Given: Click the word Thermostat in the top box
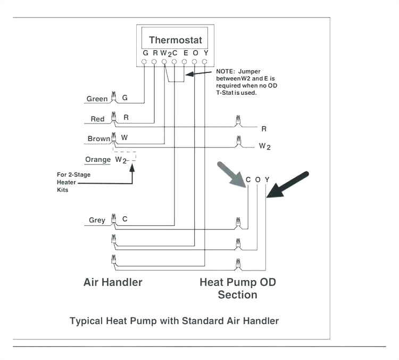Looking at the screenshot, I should pyautogui.click(x=175, y=40).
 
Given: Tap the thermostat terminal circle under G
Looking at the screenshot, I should pyautogui.click(x=144, y=62).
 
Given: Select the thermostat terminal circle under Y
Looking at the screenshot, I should pyautogui.click(x=204, y=62).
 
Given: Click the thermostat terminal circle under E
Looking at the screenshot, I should pyautogui.click(x=184, y=62).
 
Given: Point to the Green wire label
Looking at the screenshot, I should pyautogui.click(x=97, y=99).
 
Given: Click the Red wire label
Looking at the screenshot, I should pyautogui.click(x=97, y=119).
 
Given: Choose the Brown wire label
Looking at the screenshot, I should pyautogui.click(x=99, y=139).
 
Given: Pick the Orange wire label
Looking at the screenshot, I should pyautogui.click(x=98, y=160).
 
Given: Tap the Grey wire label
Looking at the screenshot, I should pyautogui.click(x=97, y=220).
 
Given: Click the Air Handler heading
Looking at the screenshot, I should pyautogui.click(x=113, y=282).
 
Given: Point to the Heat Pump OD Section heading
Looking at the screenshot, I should pyautogui.click(x=237, y=288).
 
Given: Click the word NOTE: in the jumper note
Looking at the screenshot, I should pyautogui.click(x=226, y=71).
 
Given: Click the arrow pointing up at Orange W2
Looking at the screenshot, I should pyautogui.click(x=132, y=173).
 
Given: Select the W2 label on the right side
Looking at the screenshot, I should pyautogui.click(x=264, y=146).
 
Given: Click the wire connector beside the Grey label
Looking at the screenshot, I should pyautogui.click(x=113, y=219).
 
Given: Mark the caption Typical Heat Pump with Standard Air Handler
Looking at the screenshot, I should pyautogui.click(x=174, y=321).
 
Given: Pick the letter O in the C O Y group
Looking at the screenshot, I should pyautogui.click(x=257, y=180).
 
